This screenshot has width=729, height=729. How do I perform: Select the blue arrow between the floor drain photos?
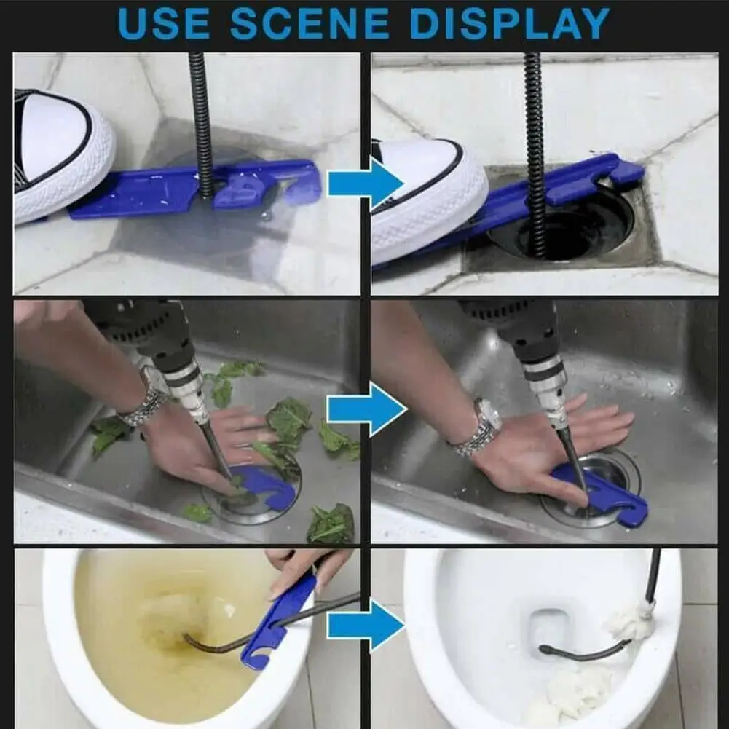pyautogui.click(x=366, y=184)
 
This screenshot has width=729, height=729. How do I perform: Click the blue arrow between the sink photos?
pyautogui.click(x=367, y=409)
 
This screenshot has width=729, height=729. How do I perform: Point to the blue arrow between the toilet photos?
pyautogui.click(x=366, y=626)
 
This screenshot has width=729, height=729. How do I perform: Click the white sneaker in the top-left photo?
pyautogui.click(x=60, y=156)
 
